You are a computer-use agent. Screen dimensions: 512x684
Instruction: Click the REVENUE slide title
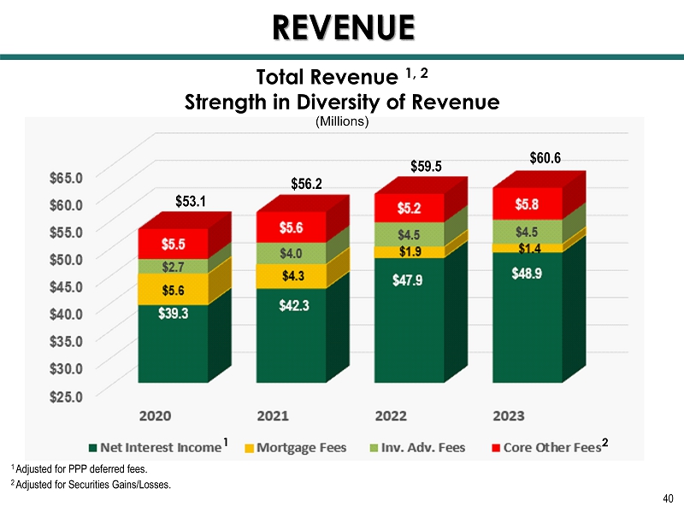[x=343, y=27]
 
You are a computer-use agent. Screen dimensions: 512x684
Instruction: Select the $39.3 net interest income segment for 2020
[x=173, y=342]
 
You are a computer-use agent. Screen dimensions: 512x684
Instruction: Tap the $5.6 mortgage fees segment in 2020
[x=173, y=290]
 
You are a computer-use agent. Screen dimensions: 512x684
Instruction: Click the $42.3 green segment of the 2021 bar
[x=291, y=333]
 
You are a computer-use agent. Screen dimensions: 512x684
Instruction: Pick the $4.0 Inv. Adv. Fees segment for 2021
[x=291, y=253]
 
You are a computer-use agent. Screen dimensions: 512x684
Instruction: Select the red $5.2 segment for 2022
[x=409, y=208]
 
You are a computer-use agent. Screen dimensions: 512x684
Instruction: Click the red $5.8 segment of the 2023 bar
[x=527, y=203]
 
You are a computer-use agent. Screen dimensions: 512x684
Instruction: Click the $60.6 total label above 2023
[x=545, y=157]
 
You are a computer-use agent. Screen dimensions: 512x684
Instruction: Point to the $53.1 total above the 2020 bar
[x=191, y=202]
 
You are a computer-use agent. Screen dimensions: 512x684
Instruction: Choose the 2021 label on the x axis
[x=273, y=415]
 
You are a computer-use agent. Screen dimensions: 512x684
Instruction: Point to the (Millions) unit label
[x=342, y=122]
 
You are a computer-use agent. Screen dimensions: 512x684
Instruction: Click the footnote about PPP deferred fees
[x=79, y=469]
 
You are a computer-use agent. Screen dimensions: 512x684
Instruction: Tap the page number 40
[x=668, y=499]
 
